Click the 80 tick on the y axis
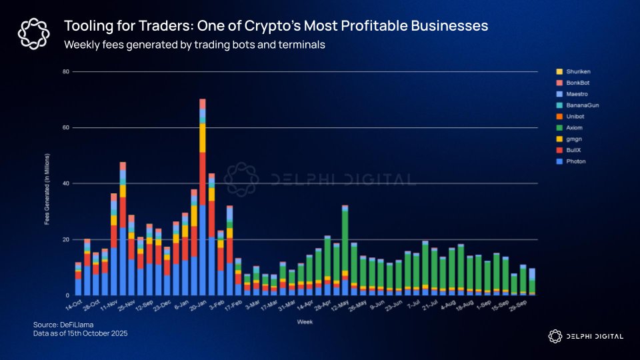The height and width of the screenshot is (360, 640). [66, 71]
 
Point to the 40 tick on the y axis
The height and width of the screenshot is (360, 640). [66, 183]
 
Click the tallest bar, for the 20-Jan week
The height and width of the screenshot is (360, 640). [203, 200]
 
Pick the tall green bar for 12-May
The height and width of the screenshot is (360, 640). [345, 240]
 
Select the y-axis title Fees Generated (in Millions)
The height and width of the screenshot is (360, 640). [47, 183]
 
